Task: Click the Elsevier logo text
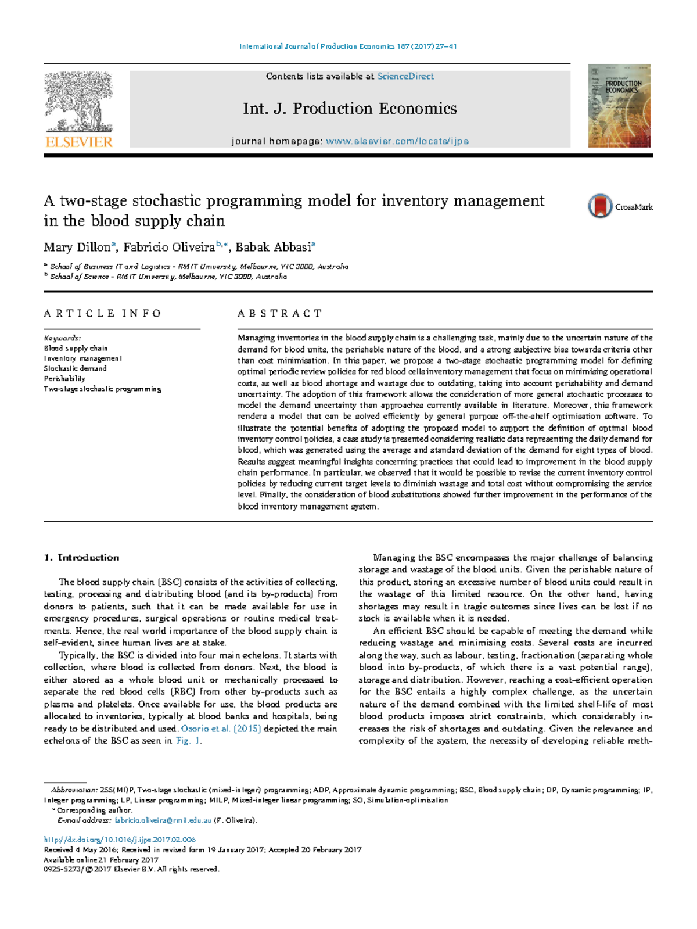coord(78,142)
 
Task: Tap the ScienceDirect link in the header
coord(405,76)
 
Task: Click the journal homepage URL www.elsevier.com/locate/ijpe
coord(397,141)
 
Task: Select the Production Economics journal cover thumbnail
coord(619,106)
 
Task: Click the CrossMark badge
coord(619,206)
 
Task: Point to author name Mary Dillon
coord(77,248)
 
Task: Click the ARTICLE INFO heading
coord(103,314)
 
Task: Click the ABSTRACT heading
coord(279,314)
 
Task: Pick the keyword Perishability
coord(64,379)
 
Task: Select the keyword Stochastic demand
coord(75,368)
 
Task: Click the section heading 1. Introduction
coord(81,558)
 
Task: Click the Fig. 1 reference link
coord(188,741)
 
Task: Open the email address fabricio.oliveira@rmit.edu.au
coord(163,820)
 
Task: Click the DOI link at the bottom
coord(120,840)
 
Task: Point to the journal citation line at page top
coord(348,46)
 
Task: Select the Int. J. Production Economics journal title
coord(350,109)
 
